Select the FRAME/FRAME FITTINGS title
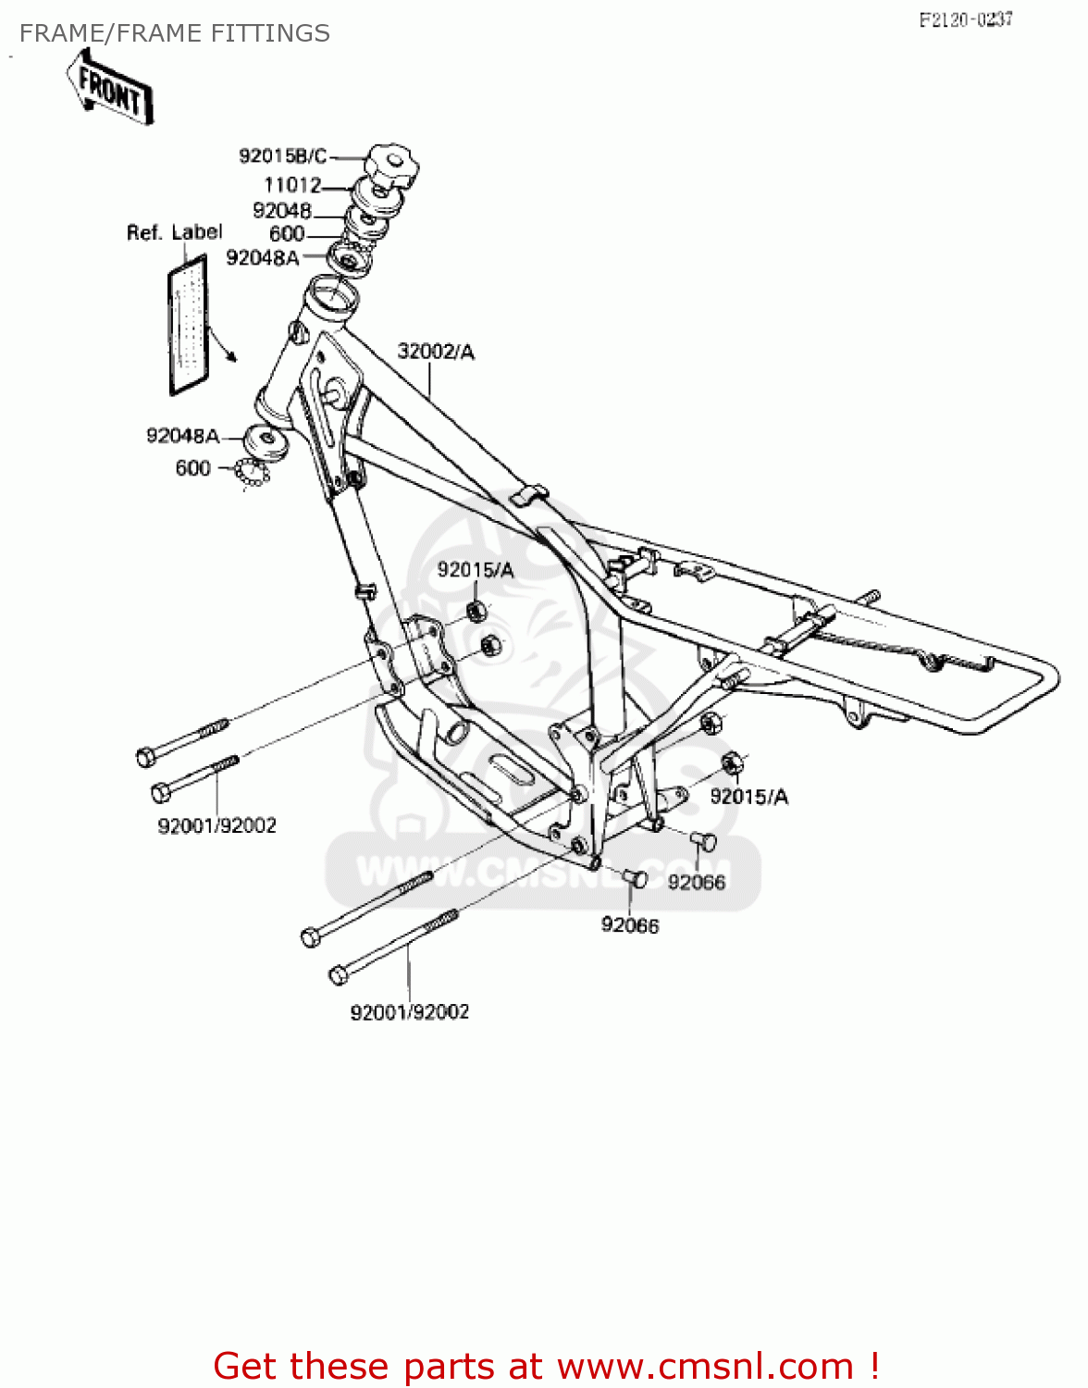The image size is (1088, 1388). point(174,33)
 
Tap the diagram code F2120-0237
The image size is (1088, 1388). point(965,19)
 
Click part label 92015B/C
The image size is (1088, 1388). point(282,156)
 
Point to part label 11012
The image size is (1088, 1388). point(292,185)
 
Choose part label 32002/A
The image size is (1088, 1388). point(436,352)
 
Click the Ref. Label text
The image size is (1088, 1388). point(174,232)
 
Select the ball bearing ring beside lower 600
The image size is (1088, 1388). point(252,473)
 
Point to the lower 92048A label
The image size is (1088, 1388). point(183,436)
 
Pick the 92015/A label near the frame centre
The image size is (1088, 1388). point(475,570)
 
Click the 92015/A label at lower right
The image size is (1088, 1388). point(748,797)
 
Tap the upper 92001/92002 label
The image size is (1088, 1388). point(216,825)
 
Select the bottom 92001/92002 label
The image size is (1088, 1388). point(409,1012)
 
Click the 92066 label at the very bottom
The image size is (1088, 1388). point(630,925)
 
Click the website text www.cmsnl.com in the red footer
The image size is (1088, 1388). point(706,1366)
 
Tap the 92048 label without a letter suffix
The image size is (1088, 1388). point(282,211)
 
